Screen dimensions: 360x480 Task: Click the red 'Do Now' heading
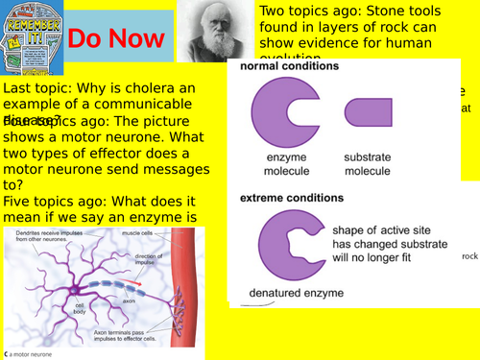tap(107, 39)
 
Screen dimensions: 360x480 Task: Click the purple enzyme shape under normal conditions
tap(284, 113)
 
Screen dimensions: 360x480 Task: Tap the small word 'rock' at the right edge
tap(469, 256)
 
